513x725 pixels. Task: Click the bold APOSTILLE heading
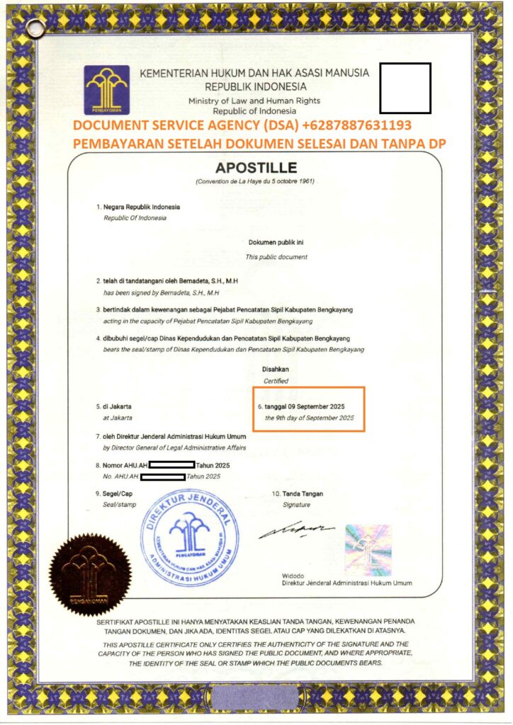pyautogui.click(x=256, y=169)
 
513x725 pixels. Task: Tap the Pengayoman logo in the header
pyautogui.click(x=106, y=90)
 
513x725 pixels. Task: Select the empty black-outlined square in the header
pyautogui.click(x=405, y=89)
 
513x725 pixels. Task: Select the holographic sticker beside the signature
pyautogui.click(x=368, y=546)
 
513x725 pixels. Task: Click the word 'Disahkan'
pyautogui.click(x=276, y=369)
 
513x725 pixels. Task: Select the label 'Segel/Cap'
pyautogui.click(x=118, y=493)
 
